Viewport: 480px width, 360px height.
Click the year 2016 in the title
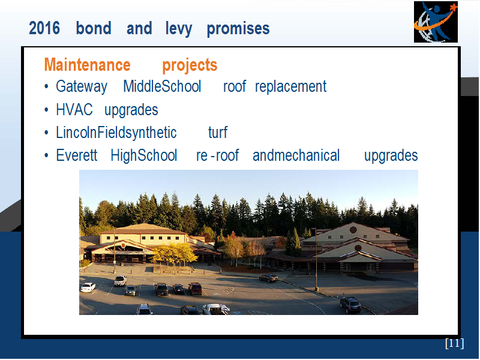(44, 28)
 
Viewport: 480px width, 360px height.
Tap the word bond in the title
(94, 28)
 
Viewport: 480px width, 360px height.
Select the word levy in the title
(179, 29)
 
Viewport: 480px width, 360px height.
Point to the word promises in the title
(238, 29)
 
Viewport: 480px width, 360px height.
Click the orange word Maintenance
(88, 65)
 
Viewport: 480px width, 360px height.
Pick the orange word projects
(190, 65)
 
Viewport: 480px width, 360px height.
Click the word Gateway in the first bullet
(82, 86)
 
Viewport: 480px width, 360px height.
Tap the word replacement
(291, 86)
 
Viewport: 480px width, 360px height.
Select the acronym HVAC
(74, 110)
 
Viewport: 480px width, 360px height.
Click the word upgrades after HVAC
(131, 110)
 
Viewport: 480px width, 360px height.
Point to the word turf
(218, 133)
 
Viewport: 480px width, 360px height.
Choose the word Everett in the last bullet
(77, 155)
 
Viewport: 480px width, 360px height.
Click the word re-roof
(218, 155)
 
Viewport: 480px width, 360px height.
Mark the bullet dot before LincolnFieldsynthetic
(46, 133)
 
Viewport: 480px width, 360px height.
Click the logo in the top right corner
(436, 22)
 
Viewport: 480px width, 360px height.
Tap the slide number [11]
(455, 343)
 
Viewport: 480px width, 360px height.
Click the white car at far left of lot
(88, 287)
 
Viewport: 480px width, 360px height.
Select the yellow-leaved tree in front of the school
(175, 254)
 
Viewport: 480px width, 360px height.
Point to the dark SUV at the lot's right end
(350, 305)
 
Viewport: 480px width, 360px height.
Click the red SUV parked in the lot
(195, 289)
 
